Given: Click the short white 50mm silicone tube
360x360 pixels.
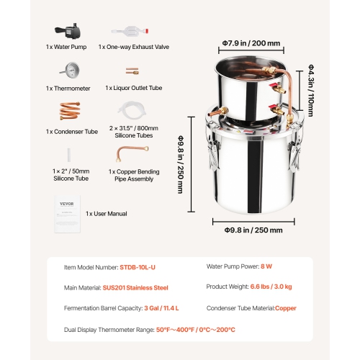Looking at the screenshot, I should click(x=68, y=153).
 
